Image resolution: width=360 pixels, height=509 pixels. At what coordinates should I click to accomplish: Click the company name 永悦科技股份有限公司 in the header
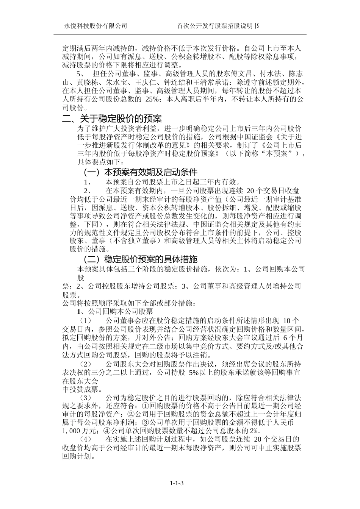click(95, 26)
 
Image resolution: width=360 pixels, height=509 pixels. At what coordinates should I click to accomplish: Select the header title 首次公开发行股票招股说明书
click(218, 26)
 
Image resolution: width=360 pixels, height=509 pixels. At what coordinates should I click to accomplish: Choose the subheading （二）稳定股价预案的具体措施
click(140, 259)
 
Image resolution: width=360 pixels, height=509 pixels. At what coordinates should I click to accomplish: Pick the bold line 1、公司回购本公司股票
click(115, 312)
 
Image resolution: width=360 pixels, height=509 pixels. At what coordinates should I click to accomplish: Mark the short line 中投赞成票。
click(81, 389)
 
